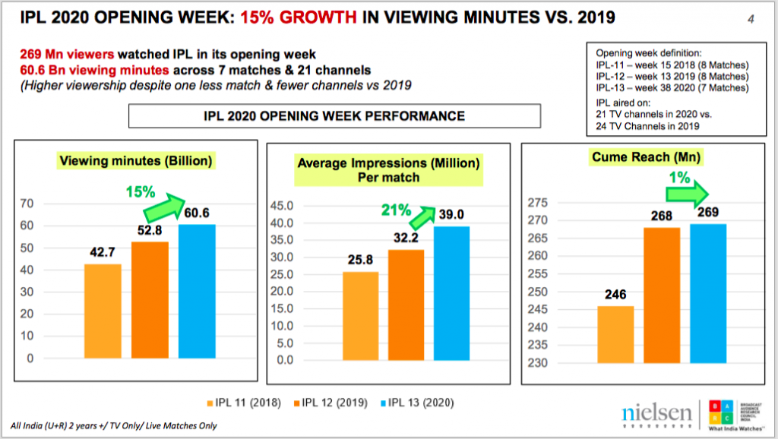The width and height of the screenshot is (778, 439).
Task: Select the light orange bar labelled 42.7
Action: tap(103, 310)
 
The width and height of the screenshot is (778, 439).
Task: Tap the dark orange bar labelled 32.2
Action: tap(406, 304)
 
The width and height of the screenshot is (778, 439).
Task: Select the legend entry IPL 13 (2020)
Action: tap(423, 402)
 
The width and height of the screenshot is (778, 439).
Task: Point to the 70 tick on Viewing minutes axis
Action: tap(27, 204)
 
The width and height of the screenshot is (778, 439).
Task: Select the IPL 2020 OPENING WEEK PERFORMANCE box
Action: tap(334, 116)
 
